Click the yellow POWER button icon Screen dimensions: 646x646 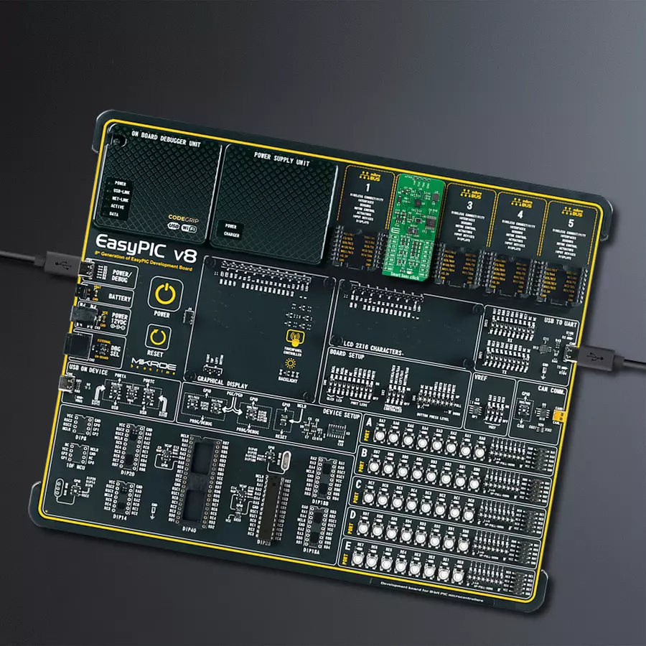point(165,295)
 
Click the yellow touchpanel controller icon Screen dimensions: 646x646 point(293,338)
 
